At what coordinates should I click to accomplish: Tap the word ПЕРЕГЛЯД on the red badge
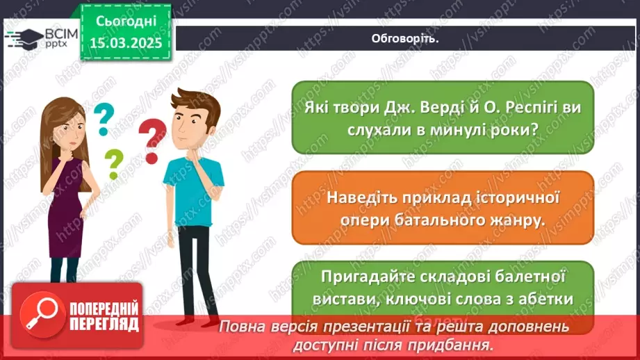pyautogui.click(x=103, y=323)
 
